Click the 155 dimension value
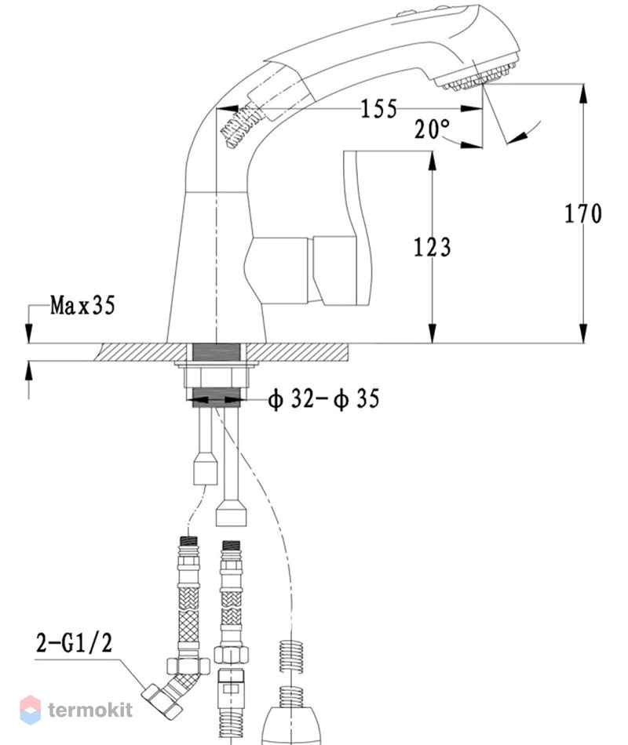(378, 109)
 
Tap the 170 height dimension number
(582, 213)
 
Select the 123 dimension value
(432, 248)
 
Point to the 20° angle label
(432, 129)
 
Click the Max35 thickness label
(82, 305)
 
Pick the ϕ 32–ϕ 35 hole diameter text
(323, 398)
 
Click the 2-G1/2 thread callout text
(75, 643)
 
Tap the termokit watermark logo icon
(30, 710)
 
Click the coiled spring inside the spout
(241, 126)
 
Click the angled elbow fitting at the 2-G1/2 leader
(172, 689)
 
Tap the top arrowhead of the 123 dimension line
(432, 161)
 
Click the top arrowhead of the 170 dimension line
(582, 93)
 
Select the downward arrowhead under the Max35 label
(28, 333)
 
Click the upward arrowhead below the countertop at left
(28, 371)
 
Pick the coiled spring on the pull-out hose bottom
(292, 674)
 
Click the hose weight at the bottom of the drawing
(292, 726)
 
